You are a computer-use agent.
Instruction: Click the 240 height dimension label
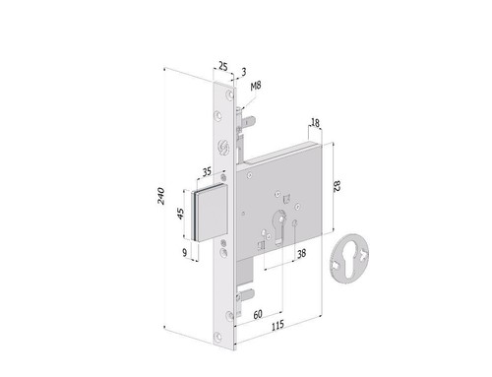coord(161,196)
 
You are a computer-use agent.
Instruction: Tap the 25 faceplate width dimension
coord(222,67)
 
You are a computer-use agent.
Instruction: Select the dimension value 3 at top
coord(244,72)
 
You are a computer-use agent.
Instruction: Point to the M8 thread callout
coord(256,86)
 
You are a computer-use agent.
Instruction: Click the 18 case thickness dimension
coord(315,123)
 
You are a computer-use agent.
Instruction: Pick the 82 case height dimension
coord(337,186)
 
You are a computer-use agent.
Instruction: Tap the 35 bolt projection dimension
coord(207,171)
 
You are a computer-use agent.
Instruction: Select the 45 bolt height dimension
coord(180,214)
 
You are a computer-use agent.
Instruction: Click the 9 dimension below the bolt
coord(185,253)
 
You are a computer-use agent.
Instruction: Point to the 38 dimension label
coord(301,253)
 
